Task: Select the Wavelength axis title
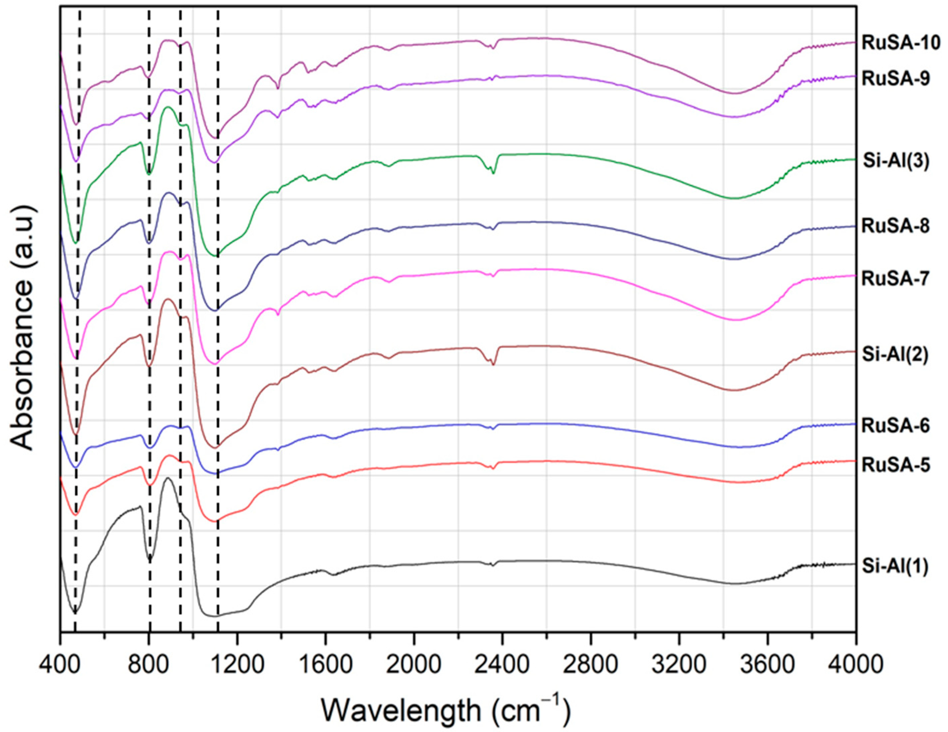click(445, 710)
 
